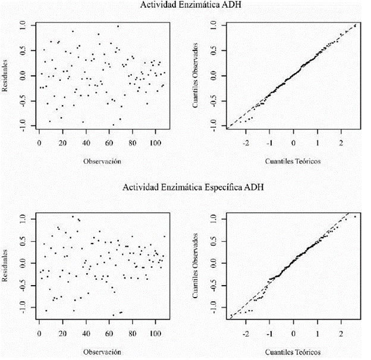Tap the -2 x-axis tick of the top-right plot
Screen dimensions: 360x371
pyautogui.click(x=245, y=143)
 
